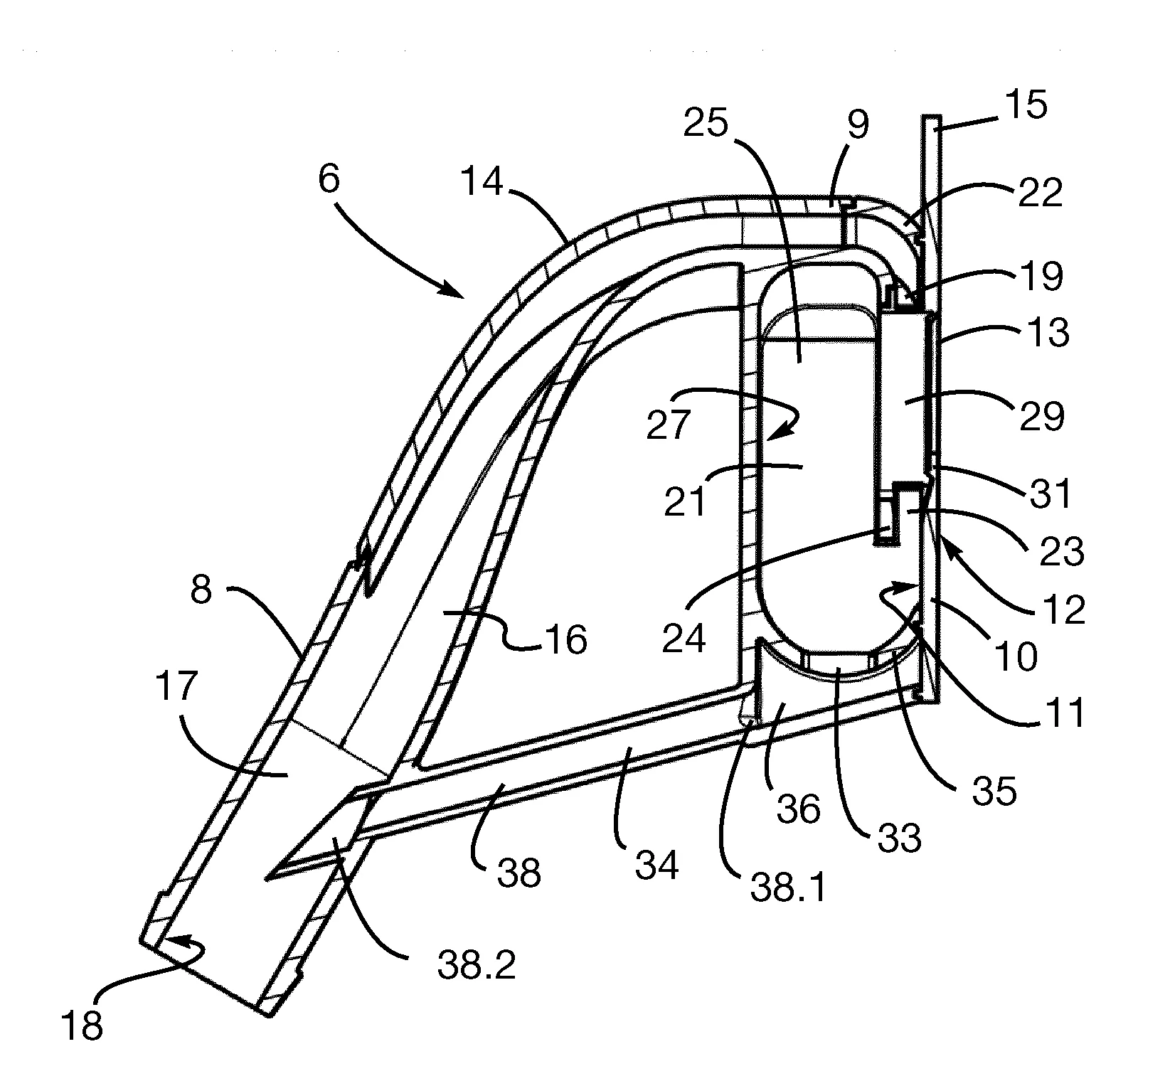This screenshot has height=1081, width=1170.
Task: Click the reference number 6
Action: (329, 181)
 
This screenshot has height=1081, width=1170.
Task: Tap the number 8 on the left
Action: (201, 590)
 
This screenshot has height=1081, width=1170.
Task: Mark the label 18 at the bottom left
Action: (83, 1026)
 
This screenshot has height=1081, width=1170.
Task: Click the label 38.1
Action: (787, 887)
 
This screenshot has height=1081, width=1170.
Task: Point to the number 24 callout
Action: (684, 637)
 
